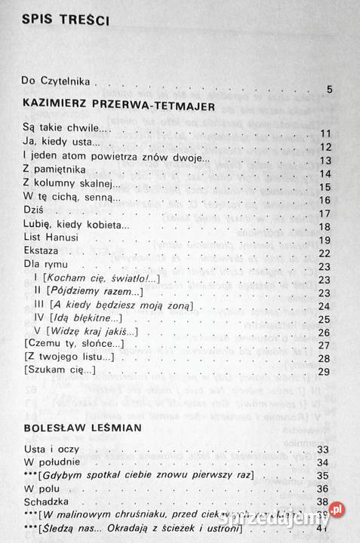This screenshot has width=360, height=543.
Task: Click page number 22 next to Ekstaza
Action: tap(325, 254)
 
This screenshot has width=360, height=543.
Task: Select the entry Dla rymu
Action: tap(43, 265)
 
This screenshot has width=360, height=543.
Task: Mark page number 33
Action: tap(325, 450)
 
